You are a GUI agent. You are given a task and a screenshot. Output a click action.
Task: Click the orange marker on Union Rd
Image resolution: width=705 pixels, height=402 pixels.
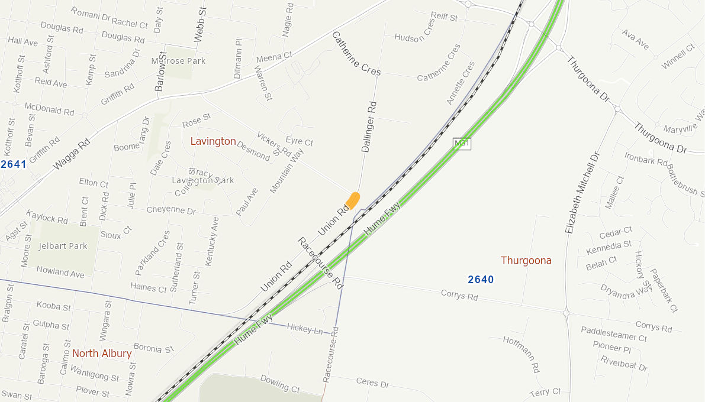pyautogui.click(x=353, y=200)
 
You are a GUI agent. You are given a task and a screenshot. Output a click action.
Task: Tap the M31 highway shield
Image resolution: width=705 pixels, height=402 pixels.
pyautogui.click(x=461, y=144)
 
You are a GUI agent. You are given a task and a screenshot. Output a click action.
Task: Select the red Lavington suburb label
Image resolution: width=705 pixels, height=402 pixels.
pyautogui.click(x=213, y=141)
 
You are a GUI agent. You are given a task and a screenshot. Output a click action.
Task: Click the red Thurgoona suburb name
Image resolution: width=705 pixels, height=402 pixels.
pyautogui.click(x=526, y=260)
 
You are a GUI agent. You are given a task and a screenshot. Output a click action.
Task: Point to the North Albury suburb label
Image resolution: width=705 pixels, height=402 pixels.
pyautogui.click(x=102, y=354)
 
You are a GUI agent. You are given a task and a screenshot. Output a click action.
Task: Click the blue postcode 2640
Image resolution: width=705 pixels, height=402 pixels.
pyautogui.click(x=481, y=279)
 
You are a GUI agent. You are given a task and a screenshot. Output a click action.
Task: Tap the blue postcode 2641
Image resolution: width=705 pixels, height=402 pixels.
pyautogui.click(x=13, y=164)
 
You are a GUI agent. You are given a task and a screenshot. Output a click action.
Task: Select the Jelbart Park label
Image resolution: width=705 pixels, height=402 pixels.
pyautogui.click(x=63, y=246)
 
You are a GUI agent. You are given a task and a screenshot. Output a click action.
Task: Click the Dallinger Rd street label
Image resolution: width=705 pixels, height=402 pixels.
pyautogui.click(x=369, y=127)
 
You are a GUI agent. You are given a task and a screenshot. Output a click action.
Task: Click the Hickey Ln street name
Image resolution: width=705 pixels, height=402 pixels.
pyautogui.click(x=304, y=328)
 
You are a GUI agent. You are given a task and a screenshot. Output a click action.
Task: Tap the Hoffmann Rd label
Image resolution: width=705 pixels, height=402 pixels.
pyautogui.click(x=521, y=354)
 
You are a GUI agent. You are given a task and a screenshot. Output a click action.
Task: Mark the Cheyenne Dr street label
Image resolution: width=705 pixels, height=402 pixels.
pyautogui.click(x=171, y=210)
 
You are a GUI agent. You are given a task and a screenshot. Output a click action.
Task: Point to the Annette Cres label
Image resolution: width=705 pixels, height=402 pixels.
pyautogui.click(x=461, y=83)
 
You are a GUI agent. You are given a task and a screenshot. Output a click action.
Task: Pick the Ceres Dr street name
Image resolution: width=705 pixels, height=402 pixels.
pyautogui.click(x=373, y=382)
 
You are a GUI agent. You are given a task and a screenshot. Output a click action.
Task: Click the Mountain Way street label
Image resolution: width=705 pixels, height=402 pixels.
pyautogui.click(x=286, y=171)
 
